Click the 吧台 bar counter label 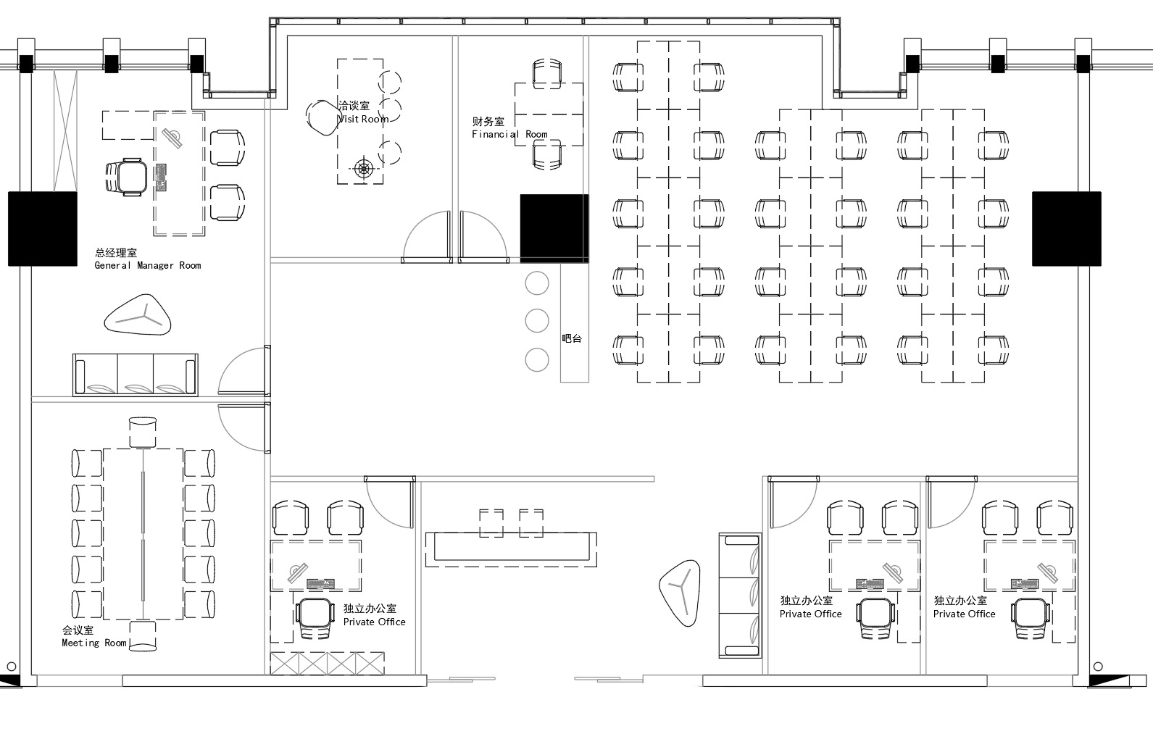coord(572,338)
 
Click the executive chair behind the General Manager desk coord(127,178)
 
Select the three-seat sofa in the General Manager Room coord(136,375)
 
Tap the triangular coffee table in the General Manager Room coord(138,315)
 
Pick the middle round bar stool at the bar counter coord(537,321)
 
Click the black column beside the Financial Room coord(554,228)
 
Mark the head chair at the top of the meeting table coord(143,432)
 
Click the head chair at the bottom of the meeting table coord(143,636)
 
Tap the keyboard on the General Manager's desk coord(161,178)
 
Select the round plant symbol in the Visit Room coord(364,168)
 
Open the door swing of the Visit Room coord(427,237)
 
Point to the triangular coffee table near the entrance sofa coord(680,593)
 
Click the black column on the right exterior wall coord(1067,229)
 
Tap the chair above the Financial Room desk coord(547,74)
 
